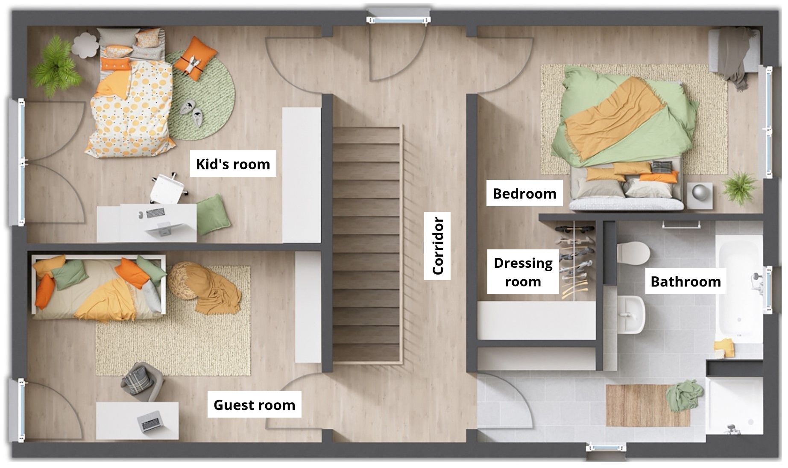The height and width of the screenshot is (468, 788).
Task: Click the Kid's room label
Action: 233,164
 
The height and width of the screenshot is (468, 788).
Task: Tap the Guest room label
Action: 254,405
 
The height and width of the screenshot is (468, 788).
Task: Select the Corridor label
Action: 438,246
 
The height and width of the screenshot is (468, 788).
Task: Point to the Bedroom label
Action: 524,193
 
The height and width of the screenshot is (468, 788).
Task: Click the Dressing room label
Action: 523,272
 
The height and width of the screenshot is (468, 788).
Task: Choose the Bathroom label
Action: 685,281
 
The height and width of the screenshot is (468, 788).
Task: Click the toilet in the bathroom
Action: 633,253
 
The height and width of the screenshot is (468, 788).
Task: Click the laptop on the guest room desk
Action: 149,420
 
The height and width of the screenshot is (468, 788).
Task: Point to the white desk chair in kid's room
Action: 168,188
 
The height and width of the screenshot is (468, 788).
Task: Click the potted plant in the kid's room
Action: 56,65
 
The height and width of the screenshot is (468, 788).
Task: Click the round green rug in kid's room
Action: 201,96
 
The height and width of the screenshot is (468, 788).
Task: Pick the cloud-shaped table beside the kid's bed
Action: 86,44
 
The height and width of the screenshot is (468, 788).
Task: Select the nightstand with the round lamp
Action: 700,196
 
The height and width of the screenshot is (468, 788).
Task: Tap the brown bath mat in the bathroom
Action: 648,405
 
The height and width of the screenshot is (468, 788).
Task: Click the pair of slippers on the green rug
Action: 191,110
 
